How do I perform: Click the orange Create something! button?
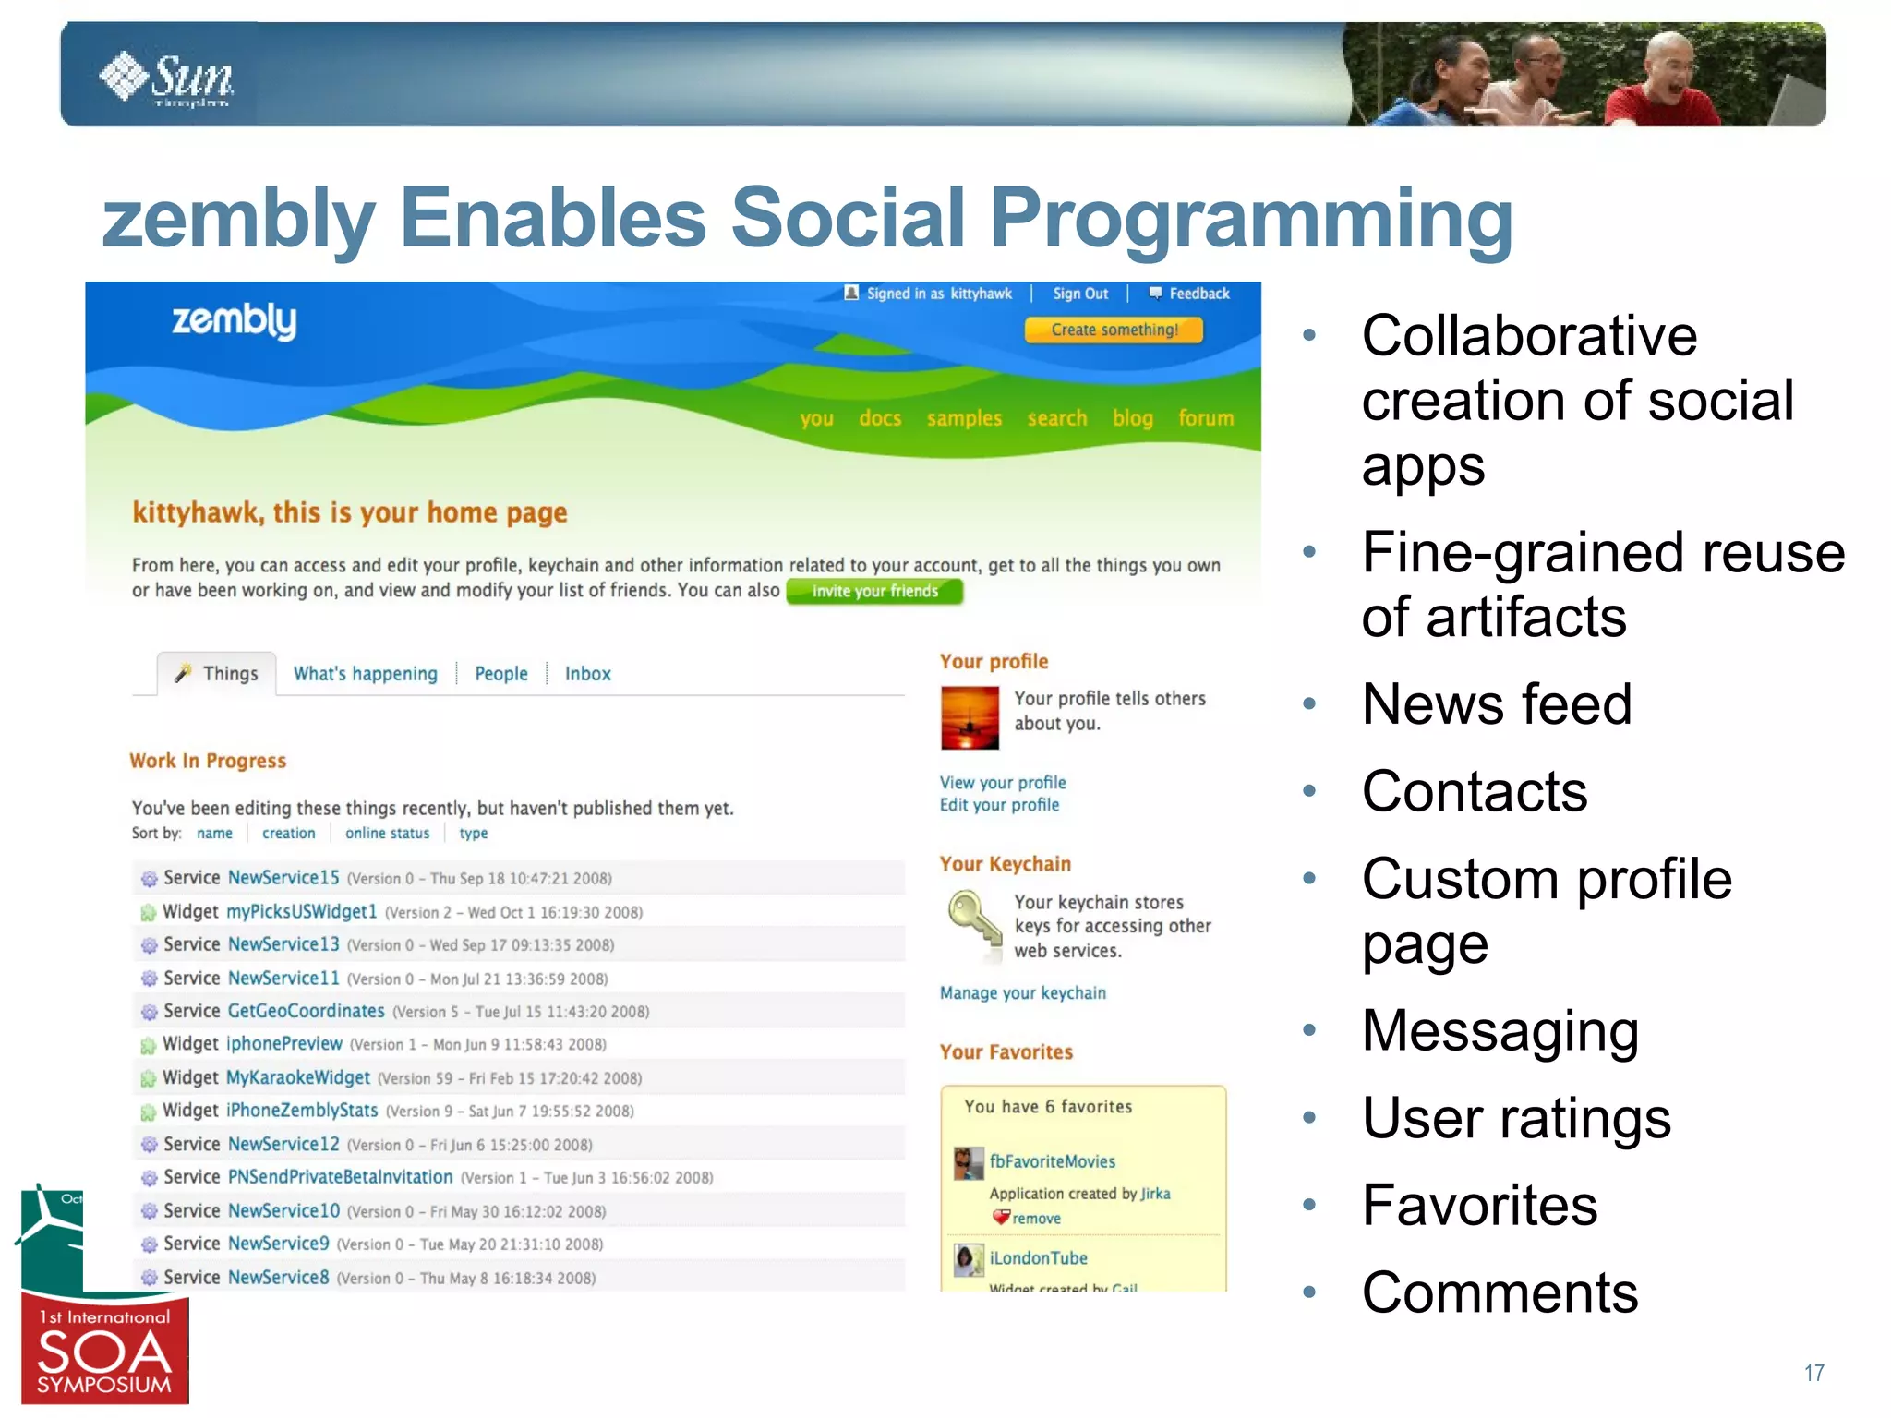(x=1114, y=330)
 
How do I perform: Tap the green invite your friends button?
(x=874, y=592)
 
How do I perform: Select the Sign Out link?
(x=1079, y=294)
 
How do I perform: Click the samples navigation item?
(x=964, y=418)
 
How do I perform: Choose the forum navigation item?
(x=1205, y=418)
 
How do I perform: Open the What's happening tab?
(x=365, y=674)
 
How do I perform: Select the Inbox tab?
(x=587, y=674)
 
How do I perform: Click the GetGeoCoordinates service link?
(x=306, y=1011)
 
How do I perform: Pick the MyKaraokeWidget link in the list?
(x=298, y=1077)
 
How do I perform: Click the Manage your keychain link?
(x=1022, y=993)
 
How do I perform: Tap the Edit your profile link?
(x=999, y=805)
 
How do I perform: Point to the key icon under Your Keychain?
(x=973, y=923)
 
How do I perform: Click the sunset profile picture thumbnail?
(x=970, y=717)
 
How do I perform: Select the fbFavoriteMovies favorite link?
(x=1052, y=1161)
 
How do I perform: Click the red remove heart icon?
(x=1001, y=1218)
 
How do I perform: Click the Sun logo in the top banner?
(x=166, y=78)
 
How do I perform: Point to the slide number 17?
(x=1813, y=1373)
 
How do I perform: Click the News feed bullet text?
(x=1496, y=704)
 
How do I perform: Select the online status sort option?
(x=387, y=834)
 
